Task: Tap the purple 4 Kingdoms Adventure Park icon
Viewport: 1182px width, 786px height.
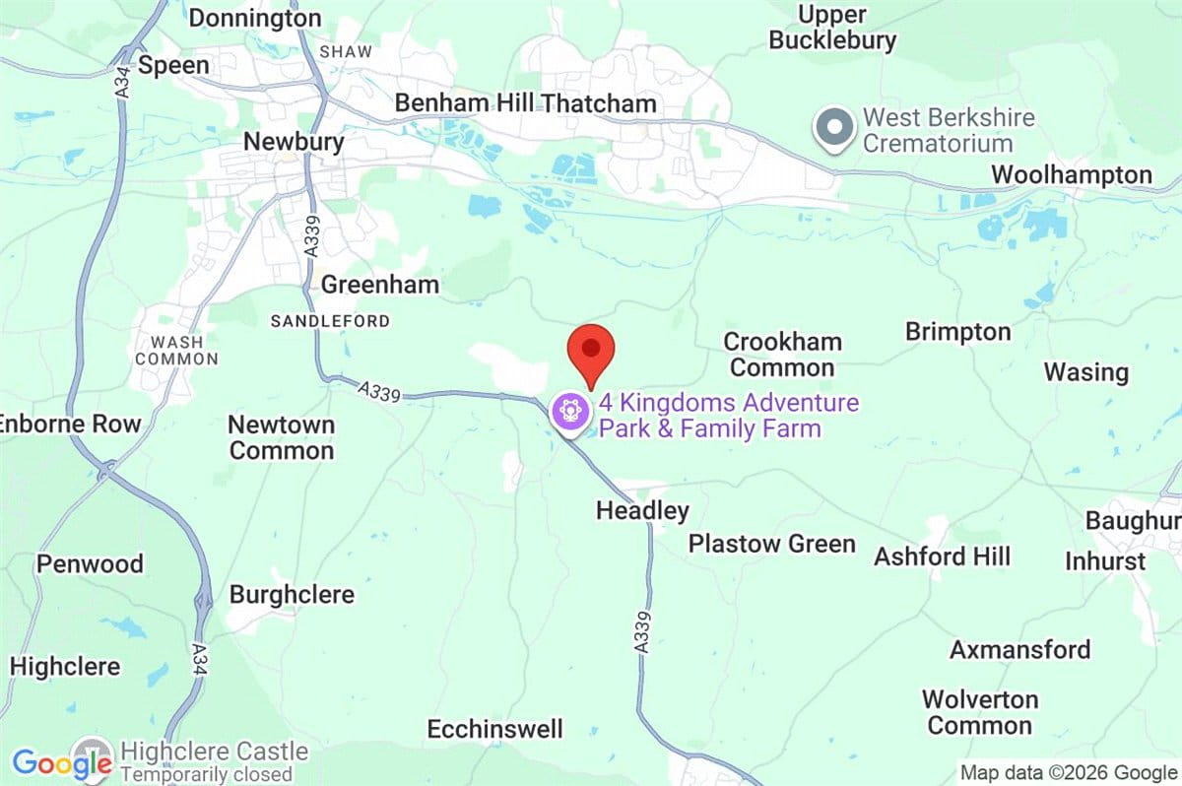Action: [x=570, y=411]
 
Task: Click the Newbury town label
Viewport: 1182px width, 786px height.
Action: [x=294, y=142]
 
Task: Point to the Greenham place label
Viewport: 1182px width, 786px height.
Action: [x=380, y=286]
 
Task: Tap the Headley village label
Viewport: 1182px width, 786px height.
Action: [x=642, y=511]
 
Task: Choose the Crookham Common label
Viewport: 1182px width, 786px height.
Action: [x=782, y=355]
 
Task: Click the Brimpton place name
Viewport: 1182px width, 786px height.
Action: [x=957, y=332]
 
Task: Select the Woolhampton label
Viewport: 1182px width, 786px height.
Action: [x=1071, y=174]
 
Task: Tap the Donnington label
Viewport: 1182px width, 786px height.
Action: [x=255, y=18]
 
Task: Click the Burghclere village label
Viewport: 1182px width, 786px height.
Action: [x=292, y=595]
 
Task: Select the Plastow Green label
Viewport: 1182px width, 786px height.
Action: [x=771, y=544]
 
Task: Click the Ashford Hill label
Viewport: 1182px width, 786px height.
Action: [x=942, y=557]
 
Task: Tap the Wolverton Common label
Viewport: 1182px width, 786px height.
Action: [x=979, y=712]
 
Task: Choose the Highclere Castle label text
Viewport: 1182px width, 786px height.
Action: [x=214, y=752]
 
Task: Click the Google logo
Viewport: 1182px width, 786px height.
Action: [x=61, y=763]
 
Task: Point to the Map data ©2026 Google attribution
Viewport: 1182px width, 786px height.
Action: [x=1068, y=773]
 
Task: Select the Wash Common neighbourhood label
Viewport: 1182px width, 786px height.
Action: [x=177, y=350]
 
